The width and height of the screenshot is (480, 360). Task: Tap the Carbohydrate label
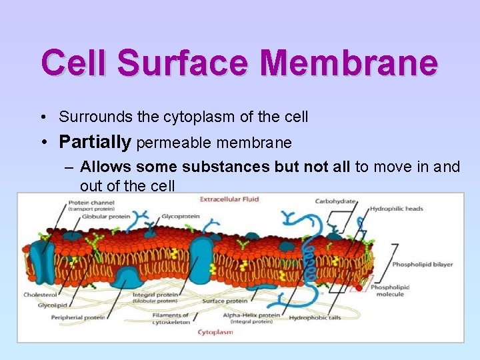pyautogui.click(x=335, y=201)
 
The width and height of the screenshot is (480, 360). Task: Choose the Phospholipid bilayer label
pyautogui.click(x=422, y=265)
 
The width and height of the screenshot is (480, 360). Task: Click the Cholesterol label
pyautogui.click(x=39, y=294)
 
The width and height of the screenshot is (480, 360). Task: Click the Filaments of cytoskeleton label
pyautogui.click(x=171, y=318)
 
